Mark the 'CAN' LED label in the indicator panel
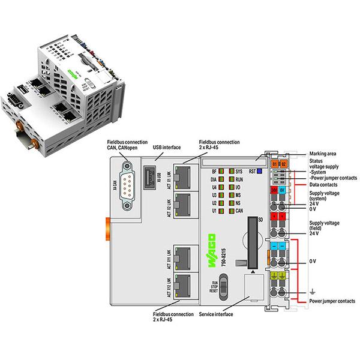(239, 212)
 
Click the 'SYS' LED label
(239, 172)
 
